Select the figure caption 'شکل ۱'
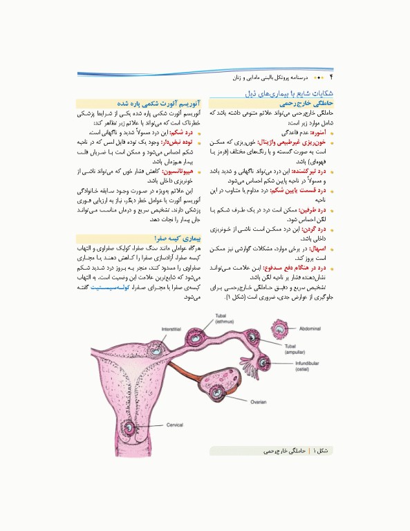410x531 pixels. click(322, 451)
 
